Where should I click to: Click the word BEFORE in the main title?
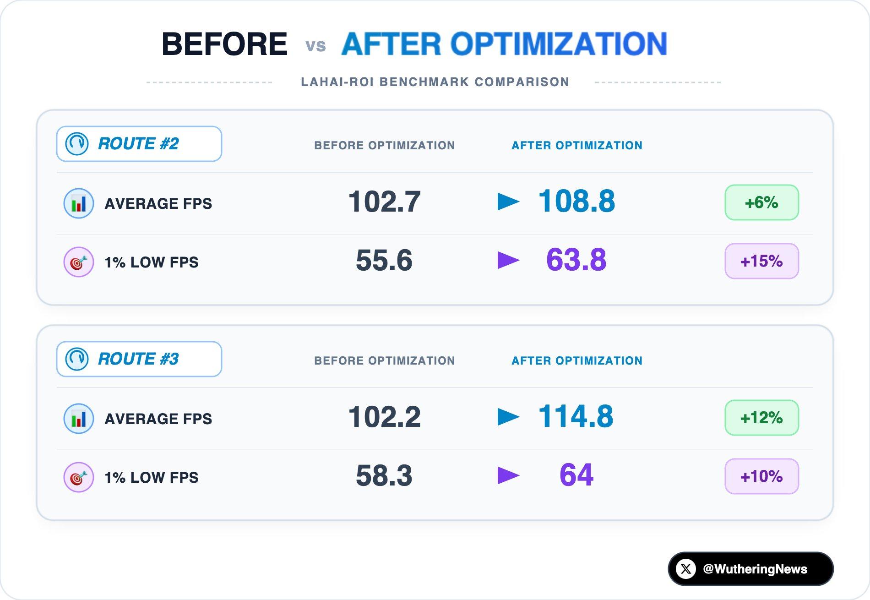coord(224,44)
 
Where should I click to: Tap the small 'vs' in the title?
coord(315,46)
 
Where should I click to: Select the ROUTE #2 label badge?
coord(139,144)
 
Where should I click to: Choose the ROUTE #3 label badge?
coord(139,359)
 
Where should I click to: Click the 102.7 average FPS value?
coord(384,202)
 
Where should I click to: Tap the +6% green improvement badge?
coord(761,202)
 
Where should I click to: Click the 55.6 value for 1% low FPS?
coord(384,260)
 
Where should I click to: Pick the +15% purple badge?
coord(761,261)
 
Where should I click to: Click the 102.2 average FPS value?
coord(384,417)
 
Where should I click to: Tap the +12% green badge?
coord(761,418)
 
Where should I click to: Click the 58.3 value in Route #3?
coord(384,475)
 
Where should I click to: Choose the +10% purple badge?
coord(761,476)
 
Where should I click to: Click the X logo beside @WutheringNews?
coord(686,569)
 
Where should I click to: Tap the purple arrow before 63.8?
coord(508,260)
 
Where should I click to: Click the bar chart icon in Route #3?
coord(79,419)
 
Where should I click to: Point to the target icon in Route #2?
coord(79,262)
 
